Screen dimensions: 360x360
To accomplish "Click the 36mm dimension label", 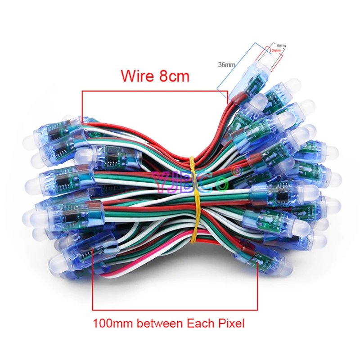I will pos(227,65).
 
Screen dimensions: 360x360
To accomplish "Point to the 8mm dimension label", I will pos(280,45).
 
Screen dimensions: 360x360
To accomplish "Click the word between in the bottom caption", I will pos(157,323).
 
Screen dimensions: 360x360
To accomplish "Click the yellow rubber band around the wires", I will pos(194,189).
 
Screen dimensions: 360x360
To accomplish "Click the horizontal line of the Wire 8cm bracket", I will pos(153,91).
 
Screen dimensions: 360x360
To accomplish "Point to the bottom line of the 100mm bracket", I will pos(175,310).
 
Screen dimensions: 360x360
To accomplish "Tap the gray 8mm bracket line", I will pos(275,43).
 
